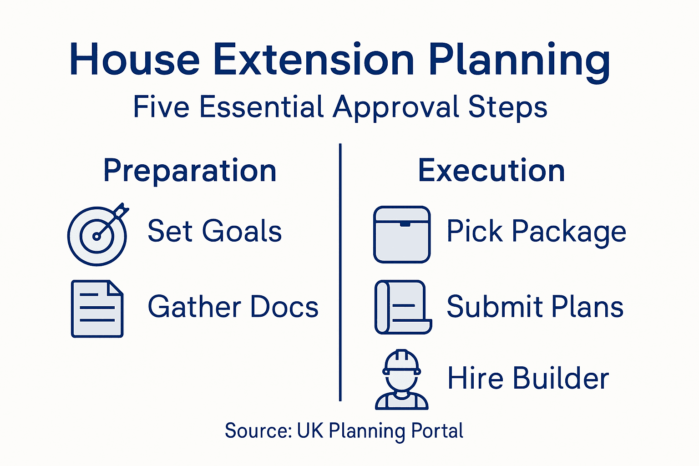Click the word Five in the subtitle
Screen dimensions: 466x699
[161, 107]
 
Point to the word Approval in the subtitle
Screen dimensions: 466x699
[396, 108]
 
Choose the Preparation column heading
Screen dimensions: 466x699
[190, 171]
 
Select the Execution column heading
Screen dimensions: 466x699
[491, 171]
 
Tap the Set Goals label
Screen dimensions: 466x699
[215, 231]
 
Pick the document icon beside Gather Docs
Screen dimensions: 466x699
[97, 309]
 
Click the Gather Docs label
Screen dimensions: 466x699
[233, 307]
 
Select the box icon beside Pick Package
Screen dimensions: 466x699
[402, 234]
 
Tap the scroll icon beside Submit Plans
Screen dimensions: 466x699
[403, 307]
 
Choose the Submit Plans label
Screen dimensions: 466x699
[535, 307]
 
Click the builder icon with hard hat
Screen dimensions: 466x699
[401, 380]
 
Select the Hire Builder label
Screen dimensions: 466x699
[528, 379]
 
